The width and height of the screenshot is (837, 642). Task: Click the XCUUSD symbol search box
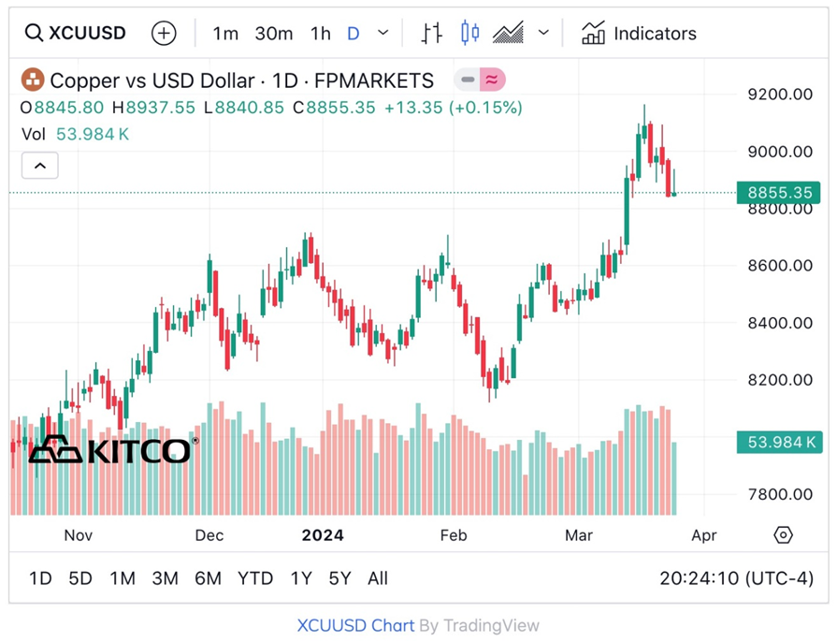75,34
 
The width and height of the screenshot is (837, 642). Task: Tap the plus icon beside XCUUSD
164,34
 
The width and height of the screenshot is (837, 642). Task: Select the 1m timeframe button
225,34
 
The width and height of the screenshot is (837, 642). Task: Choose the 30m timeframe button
274,34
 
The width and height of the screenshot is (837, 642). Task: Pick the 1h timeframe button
321,34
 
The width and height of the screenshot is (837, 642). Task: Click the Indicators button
639,34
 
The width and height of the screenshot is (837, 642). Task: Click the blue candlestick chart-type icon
469,34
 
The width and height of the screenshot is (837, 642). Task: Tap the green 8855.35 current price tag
779,193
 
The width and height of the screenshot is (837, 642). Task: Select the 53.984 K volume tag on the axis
779,443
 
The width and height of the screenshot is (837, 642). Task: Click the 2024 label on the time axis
323,535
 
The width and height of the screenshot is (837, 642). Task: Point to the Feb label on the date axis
453,535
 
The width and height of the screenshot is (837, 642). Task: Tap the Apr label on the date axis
703,535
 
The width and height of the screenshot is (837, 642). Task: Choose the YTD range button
255,578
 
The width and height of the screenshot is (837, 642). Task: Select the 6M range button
208,578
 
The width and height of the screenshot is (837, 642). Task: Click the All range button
378,578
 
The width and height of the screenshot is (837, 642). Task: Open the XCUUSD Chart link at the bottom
354,625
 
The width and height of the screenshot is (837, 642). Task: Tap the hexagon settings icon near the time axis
784,535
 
